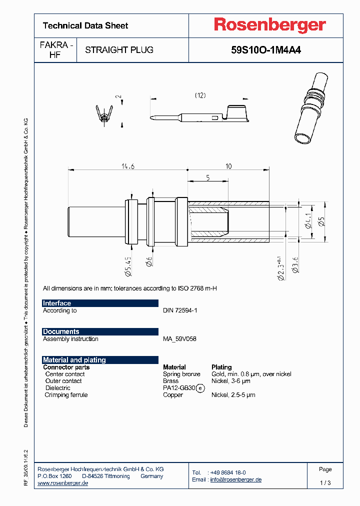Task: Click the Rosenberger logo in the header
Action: tap(270, 25)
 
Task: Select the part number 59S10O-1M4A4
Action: tap(266, 50)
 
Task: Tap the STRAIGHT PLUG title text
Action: tap(119, 50)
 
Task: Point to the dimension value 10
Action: tap(228, 166)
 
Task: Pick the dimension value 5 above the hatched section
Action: tap(207, 177)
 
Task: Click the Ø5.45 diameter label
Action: tap(128, 266)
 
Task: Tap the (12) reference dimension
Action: tap(200, 95)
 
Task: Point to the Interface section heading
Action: tap(57, 303)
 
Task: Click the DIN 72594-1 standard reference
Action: tap(180, 310)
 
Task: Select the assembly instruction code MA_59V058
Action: tap(179, 339)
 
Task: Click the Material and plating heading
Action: tap(74, 360)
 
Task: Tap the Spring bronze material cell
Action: tap(181, 374)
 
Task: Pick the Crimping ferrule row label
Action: tap(66, 395)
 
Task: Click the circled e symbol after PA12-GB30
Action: tap(200, 388)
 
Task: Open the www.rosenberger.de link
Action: tap(63, 483)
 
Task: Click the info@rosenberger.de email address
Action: tap(235, 479)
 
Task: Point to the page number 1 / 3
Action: tap(325, 483)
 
